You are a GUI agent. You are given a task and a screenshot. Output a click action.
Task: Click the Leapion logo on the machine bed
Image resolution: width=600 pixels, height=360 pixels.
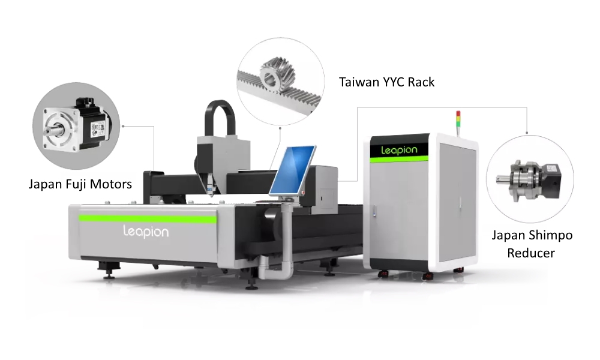[x=145, y=231]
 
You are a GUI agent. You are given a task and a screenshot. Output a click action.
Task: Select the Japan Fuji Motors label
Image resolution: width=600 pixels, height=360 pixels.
[x=80, y=184]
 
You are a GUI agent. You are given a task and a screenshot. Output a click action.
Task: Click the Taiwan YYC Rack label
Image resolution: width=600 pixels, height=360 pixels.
[x=386, y=82]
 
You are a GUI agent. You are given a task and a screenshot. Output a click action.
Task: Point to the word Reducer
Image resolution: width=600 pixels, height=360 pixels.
[x=531, y=253]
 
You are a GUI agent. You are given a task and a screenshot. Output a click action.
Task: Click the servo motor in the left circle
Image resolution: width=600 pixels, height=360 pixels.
[x=78, y=127]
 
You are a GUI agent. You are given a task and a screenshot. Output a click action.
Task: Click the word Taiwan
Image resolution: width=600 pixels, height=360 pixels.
[x=359, y=82]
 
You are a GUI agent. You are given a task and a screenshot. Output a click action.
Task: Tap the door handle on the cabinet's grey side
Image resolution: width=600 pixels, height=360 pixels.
[x=373, y=212]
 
